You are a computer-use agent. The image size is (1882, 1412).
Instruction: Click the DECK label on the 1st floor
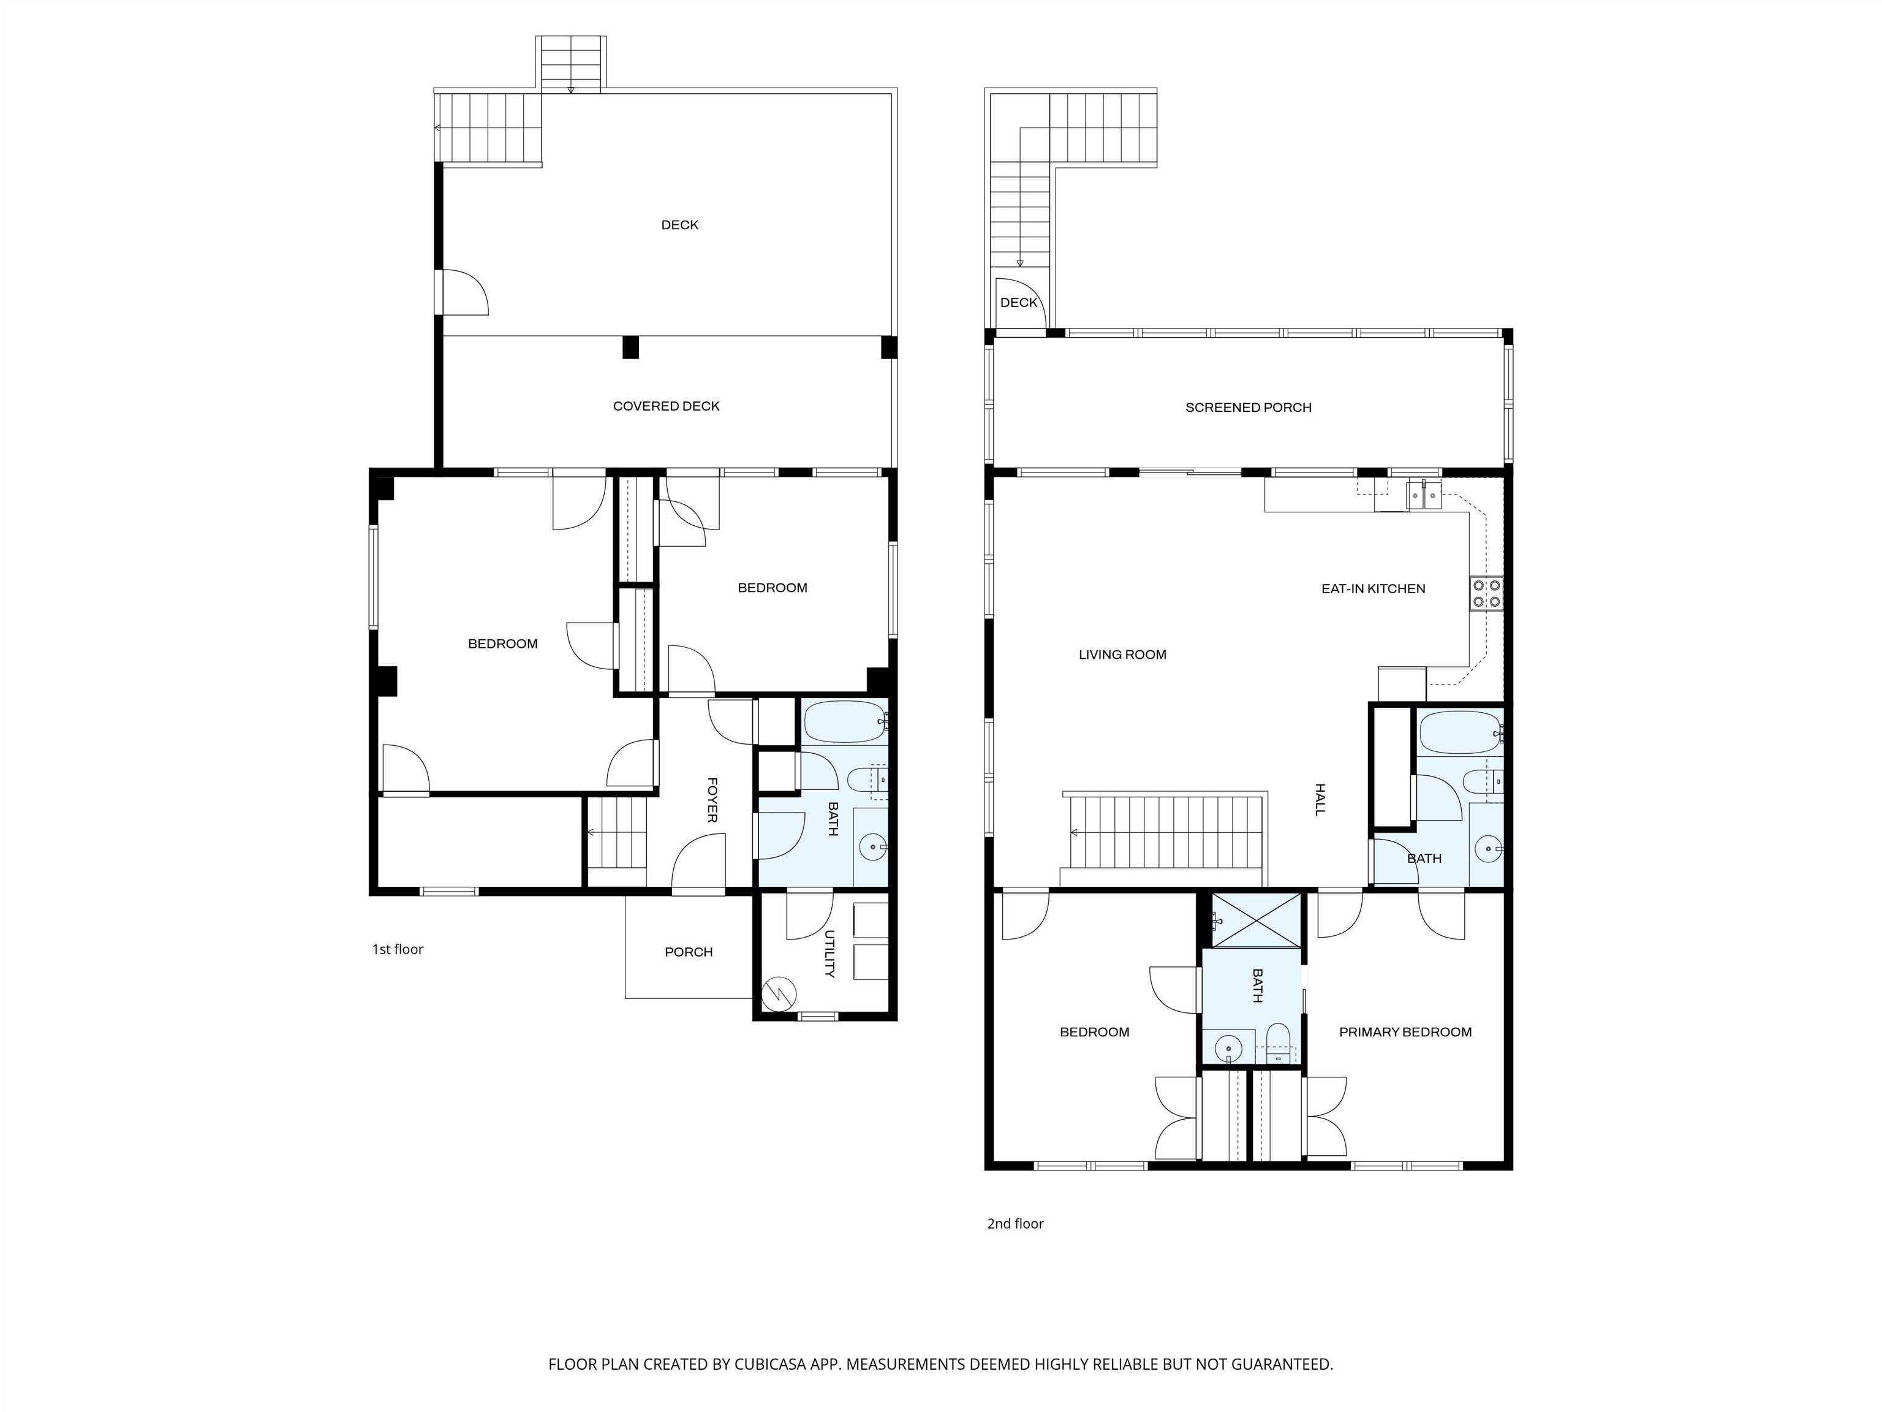click(x=680, y=225)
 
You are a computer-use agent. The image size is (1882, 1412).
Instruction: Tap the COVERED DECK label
click(x=666, y=406)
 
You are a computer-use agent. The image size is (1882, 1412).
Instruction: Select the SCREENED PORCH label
click(x=1248, y=408)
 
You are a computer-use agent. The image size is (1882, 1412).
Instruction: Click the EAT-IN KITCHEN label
click(x=1374, y=588)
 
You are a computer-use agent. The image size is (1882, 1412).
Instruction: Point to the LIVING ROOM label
click(x=1122, y=655)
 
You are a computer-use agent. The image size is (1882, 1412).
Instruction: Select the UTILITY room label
click(x=830, y=954)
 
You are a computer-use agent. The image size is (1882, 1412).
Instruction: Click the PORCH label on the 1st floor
click(x=689, y=952)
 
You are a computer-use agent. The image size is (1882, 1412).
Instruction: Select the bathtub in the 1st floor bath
click(x=845, y=722)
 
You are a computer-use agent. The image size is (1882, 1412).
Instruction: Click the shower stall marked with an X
click(x=1256, y=920)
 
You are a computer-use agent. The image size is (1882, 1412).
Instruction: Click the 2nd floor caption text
click(x=1015, y=1223)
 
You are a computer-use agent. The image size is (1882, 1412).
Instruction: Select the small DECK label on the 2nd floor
click(x=1018, y=302)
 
